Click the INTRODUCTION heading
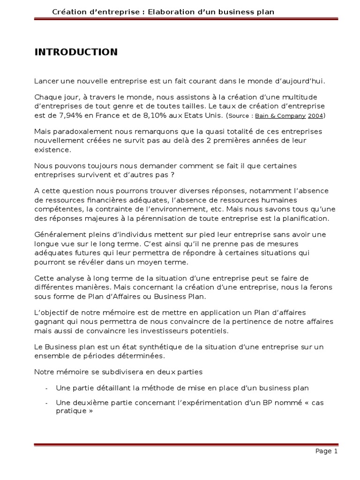click(76, 52)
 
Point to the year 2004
click(315, 116)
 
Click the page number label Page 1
click(326, 451)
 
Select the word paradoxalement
click(75, 132)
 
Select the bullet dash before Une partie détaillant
click(46, 389)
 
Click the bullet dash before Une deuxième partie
click(46, 403)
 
